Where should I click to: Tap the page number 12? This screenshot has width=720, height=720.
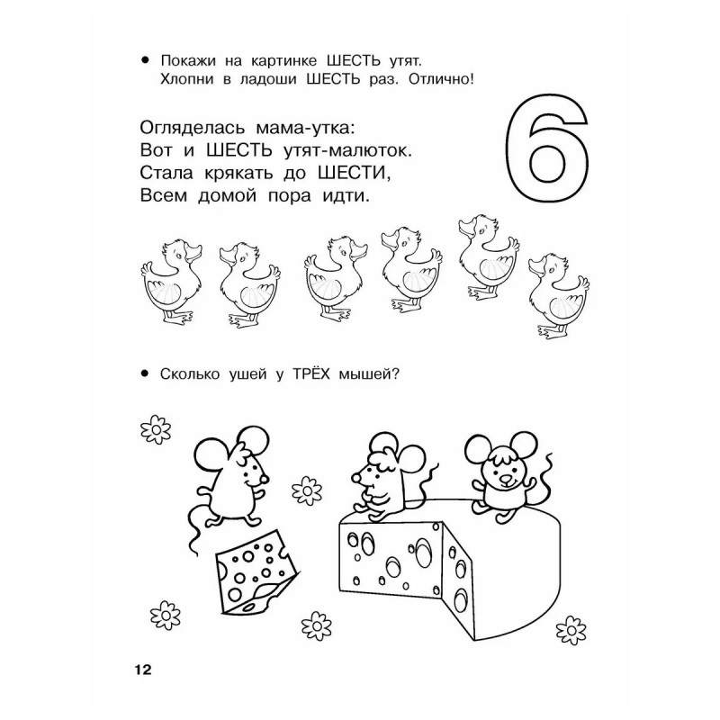pyautogui.click(x=143, y=670)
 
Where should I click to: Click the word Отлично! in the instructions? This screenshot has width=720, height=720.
pyautogui.click(x=441, y=79)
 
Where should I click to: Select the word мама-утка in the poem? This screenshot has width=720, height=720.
pyautogui.click(x=305, y=127)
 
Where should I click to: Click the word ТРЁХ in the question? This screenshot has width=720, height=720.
pyautogui.click(x=311, y=373)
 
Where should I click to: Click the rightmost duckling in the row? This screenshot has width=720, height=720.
pyautogui.click(x=559, y=296)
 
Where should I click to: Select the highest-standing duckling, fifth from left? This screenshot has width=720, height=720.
pyautogui.click(x=489, y=257)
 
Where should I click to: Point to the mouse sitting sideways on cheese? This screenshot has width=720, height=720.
pyautogui.click(x=390, y=478)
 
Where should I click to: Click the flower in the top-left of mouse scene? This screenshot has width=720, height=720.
pyautogui.click(x=156, y=429)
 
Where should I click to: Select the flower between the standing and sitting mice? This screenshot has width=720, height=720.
pyautogui.click(x=307, y=490)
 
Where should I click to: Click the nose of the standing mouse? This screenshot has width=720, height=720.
pyautogui.click(x=265, y=479)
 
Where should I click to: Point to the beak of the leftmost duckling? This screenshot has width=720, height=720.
pyautogui.click(x=193, y=252)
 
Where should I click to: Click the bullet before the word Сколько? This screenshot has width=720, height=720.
pyautogui.click(x=145, y=374)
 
